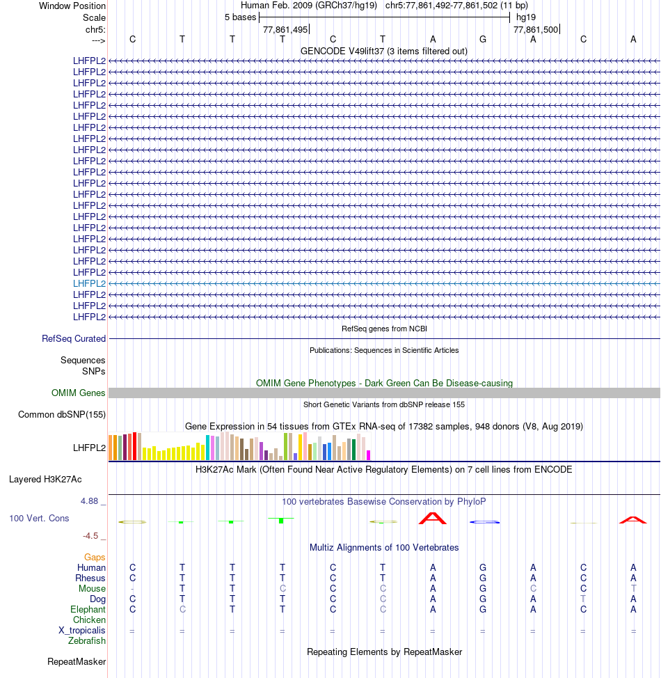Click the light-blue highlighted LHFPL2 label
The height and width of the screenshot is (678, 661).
tap(89, 283)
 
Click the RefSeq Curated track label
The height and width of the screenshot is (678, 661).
tap(74, 338)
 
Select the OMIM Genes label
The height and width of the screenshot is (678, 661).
tap(79, 393)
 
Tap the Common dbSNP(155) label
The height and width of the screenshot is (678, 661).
tap(62, 415)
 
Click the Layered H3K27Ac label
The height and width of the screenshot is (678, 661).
tap(45, 479)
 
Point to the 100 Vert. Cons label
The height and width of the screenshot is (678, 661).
tap(39, 519)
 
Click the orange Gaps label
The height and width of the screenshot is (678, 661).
tap(95, 557)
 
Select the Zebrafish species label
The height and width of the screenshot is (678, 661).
tap(87, 640)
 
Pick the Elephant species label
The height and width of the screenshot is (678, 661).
tap(88, 609)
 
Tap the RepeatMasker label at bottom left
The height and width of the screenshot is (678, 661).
tap(77, 661)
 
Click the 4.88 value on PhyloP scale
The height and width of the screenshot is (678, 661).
tap(92, 500)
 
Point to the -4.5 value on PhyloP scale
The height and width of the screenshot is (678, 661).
tap(90, 535)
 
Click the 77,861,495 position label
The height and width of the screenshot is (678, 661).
tap(285, 29)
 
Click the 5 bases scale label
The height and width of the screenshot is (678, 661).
tap(240, 17)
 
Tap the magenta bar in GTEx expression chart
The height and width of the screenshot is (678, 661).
tap(369, 455)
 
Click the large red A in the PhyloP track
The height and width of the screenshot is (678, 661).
tap(432, 518)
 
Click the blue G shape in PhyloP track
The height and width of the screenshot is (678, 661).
tap(483, 521)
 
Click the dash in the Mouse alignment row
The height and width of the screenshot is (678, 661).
tap(132, 589)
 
